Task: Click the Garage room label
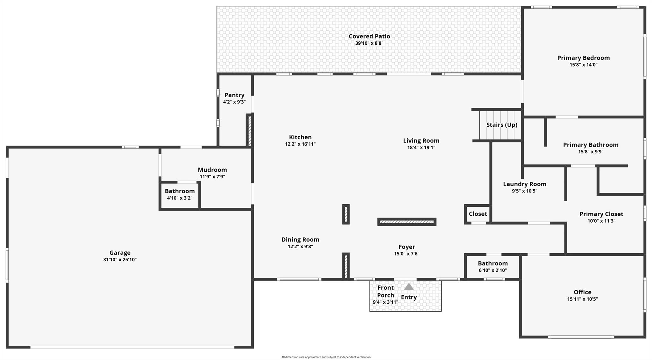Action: click(x=120, y=253)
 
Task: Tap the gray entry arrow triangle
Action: click(x=409, y=287)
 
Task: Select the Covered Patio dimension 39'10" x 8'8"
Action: click(x=369, y=43)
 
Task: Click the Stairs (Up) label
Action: click(x=502, y=125)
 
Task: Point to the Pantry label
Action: click(x=234, y=95)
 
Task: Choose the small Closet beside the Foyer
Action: click(x=478, y=214)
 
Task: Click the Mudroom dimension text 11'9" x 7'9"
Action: click(x=212, y=177)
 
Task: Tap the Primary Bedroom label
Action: click(x=583, y=58)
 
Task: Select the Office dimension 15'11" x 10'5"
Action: click(x=582, y=299)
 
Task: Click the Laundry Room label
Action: click(x=525, y=184)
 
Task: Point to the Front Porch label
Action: click(x=386, y=292)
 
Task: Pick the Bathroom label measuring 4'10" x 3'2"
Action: click(x=180, y=191)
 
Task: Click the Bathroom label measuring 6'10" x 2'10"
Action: click(x=493, y=263)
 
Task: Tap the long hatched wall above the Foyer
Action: click(x=407, y=222)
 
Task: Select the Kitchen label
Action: click(x=300, y=137)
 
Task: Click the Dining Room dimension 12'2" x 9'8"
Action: click(x=300, y=247)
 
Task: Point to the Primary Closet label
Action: click(x=601, y=214)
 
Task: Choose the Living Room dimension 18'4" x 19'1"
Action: click(x=421, y=148)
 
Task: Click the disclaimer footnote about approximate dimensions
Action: click(x=326, y=357)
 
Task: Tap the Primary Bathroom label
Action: click(x=591, y=145)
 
